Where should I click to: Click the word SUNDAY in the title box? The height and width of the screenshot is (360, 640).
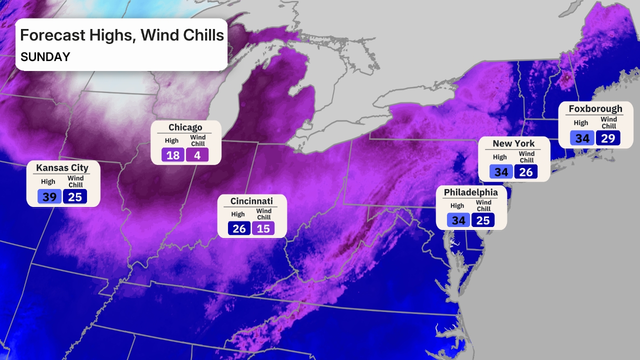pos(45,57)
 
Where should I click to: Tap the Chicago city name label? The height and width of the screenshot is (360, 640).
pos(185,127)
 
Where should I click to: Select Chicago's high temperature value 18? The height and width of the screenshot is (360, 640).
pos(173,155)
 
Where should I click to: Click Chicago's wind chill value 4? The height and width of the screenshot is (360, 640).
pos(197,155)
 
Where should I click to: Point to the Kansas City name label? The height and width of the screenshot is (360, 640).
pos(62,167)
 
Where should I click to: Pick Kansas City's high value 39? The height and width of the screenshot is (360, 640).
pos(49,196)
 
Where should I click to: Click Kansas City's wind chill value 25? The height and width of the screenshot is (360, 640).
pos(75,196)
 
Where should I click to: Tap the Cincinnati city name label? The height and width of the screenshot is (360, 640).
pos(251,201)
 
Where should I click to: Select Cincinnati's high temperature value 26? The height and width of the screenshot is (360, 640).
pos(239,228)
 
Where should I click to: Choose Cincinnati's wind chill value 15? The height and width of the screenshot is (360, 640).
pos(263,228)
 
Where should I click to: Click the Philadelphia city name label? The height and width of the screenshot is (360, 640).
pos(471,192)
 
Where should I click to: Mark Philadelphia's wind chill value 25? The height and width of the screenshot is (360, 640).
pos(483,220)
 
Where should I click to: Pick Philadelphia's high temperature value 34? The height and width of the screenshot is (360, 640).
pos(458,220)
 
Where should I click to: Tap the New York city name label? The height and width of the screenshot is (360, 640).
pos(513,143)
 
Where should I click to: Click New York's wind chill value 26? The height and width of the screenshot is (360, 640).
pos(526,172)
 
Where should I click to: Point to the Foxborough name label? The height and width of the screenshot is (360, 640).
pos(595,108)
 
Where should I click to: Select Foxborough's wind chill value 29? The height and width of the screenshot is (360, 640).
pos(607,137)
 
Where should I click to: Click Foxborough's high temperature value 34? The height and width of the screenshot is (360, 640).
pos(582,137)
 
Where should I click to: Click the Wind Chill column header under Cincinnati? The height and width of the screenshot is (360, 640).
pos(263,214)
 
